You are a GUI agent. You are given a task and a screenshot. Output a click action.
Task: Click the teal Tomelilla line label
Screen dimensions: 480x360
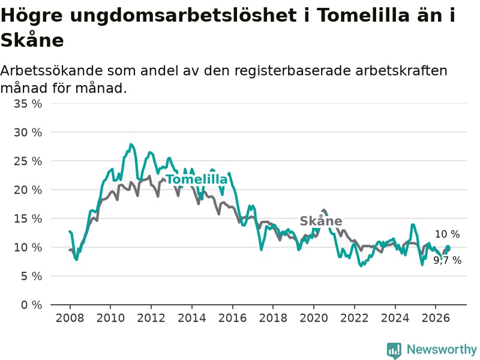(x=197, y=179)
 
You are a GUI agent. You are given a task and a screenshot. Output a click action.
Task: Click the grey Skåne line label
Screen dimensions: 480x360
(x=321, y=221)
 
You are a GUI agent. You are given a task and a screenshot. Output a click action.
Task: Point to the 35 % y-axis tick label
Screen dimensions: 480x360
(x=28, y=104)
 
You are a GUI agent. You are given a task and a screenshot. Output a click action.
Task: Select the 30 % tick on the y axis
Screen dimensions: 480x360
(x=28, y=133)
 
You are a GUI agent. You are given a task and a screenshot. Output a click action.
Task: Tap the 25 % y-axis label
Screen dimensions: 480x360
(x=28, y=161)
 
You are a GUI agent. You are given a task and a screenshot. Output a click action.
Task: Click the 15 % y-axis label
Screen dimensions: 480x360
(x=28, y=219)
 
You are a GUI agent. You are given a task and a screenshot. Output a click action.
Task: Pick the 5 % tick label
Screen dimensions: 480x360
(x=31, y=277)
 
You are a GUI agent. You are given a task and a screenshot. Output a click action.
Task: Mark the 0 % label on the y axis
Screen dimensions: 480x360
(x=31, y=305)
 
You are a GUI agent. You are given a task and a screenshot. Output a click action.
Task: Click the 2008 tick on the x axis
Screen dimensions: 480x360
(x=70, y=318)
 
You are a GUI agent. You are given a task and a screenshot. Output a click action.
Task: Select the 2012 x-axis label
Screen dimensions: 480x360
(x=151, y=318)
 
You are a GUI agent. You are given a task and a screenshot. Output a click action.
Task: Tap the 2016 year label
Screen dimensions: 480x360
(x=232, y=318)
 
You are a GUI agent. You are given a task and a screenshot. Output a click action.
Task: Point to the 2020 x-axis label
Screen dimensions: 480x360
(x=314, y=318)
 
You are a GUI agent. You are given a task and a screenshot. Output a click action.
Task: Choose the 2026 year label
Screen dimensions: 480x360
(x=436, y=318)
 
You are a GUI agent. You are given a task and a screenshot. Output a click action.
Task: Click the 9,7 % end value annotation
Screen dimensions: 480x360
(x=447, y=260)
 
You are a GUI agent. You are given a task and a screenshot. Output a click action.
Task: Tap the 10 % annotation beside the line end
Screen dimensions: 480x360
(x=447, y=234)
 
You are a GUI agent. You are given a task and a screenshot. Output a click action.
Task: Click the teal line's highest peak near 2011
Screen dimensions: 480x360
(x=131, y=144)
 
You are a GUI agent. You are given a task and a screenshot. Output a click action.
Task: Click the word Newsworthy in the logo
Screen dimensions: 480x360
(x=442, y=349)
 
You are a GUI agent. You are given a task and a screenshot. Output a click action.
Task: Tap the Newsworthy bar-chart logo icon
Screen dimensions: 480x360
(x=394, y=350)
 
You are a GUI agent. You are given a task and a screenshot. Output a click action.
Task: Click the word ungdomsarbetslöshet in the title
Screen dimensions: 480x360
(x=183, y=16)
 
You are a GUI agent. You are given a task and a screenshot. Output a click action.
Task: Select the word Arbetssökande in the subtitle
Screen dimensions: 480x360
(x=52, y=71)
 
